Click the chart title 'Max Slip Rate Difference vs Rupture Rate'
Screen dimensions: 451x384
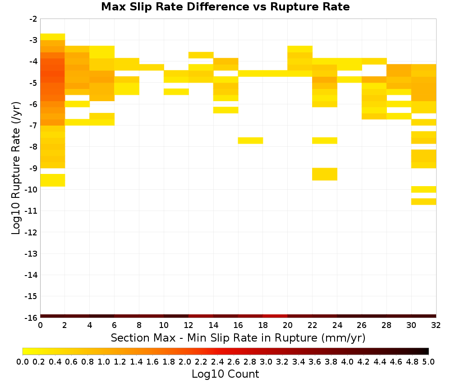[x=225, y=7]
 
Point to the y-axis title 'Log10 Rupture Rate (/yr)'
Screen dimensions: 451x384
[x=16, y=168]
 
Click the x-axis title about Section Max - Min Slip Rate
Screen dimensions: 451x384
[x=238, y=337]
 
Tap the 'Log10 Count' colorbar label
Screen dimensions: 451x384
[x=225, y=374]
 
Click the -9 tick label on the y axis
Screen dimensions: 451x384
[x=33, y=168]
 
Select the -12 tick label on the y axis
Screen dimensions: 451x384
[x=31, y=232]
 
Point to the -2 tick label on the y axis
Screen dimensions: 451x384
[x=33, y=19]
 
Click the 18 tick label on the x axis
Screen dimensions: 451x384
[x=263, y=325]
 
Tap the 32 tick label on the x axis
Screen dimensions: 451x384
[x=436, y=325]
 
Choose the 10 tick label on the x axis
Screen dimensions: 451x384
[x=164, y=325]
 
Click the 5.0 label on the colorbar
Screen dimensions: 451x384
[x=428, y=361]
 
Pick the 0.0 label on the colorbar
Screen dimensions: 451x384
[x=23, y=361]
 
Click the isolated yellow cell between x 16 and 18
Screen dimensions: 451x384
[x=250, y=140]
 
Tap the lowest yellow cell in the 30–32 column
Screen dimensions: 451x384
[x=423, y=201]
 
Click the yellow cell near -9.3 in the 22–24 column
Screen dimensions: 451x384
[x=325, y=174]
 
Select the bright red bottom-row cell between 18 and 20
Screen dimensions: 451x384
[x=275, y=316]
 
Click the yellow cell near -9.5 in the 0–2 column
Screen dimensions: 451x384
[x=53, y=180]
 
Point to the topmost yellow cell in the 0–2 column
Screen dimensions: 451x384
[x=53, y=37]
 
